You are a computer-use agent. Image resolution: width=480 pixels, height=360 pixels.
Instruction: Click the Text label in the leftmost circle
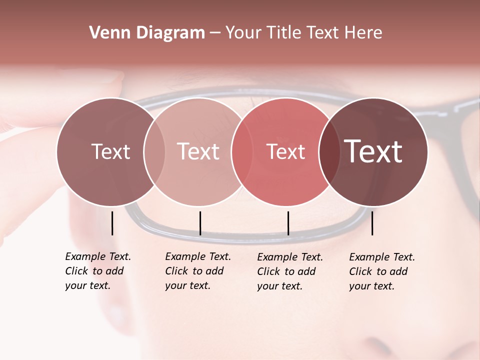[110, 151]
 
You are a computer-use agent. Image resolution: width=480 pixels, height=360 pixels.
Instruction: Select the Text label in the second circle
[198, 151]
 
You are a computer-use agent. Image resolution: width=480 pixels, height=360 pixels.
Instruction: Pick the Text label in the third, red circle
[286, 151]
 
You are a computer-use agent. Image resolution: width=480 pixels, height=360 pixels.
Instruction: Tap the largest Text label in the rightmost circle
[373, 151]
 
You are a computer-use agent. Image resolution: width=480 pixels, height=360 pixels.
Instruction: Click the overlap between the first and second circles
[154, 151]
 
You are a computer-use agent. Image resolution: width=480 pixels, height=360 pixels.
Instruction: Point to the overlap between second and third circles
[242, 151]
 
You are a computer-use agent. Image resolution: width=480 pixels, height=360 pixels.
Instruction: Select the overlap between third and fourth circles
[329, 151]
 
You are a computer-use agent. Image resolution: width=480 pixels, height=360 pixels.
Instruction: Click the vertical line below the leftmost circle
[112, 223]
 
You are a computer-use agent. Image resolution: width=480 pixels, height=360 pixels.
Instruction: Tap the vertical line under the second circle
[200, 223]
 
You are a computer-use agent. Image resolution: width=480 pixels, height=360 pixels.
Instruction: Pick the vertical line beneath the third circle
[288, 223]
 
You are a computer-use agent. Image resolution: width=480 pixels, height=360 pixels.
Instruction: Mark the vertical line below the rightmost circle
[372, 223]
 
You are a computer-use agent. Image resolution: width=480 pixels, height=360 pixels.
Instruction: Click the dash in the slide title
[215, 33]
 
